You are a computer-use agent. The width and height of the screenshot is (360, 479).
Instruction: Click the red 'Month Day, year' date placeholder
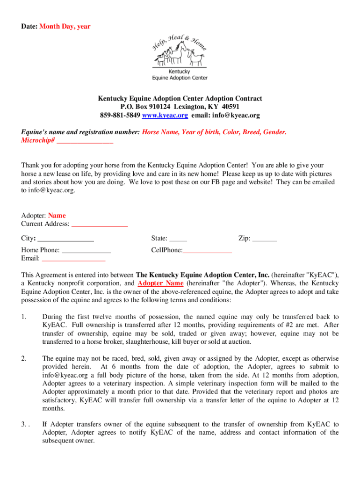(x=65, y=27)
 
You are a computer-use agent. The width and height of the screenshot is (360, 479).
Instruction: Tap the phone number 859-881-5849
(x=120, y=115)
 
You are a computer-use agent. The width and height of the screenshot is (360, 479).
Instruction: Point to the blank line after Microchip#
(x=85, y=140)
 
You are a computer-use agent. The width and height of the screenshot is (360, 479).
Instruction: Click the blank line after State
(x=178, y=238)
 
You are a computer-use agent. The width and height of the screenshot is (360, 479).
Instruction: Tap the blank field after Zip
(x=265, y=238)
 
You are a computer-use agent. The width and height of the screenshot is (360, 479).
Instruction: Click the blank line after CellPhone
(x=207, y=250)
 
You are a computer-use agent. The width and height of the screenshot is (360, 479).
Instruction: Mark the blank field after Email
(x=73, y=258)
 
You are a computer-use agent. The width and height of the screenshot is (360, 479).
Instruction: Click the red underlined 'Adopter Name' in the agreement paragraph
(x=160, y=283)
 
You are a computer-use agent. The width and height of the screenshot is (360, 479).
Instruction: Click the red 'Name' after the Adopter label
(x=57, y=216)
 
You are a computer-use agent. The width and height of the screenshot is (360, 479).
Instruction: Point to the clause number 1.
(x=24, y=317)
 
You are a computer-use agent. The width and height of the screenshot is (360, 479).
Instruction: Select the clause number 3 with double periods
(x=25, y=424)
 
